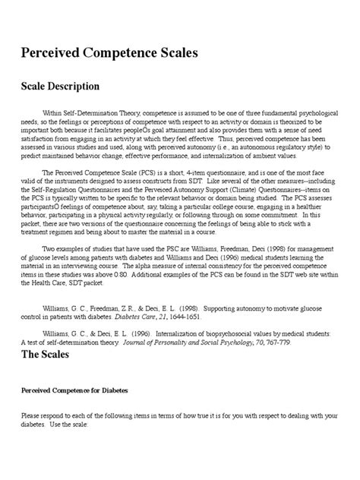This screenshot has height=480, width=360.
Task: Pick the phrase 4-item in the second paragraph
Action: pos(214,193)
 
